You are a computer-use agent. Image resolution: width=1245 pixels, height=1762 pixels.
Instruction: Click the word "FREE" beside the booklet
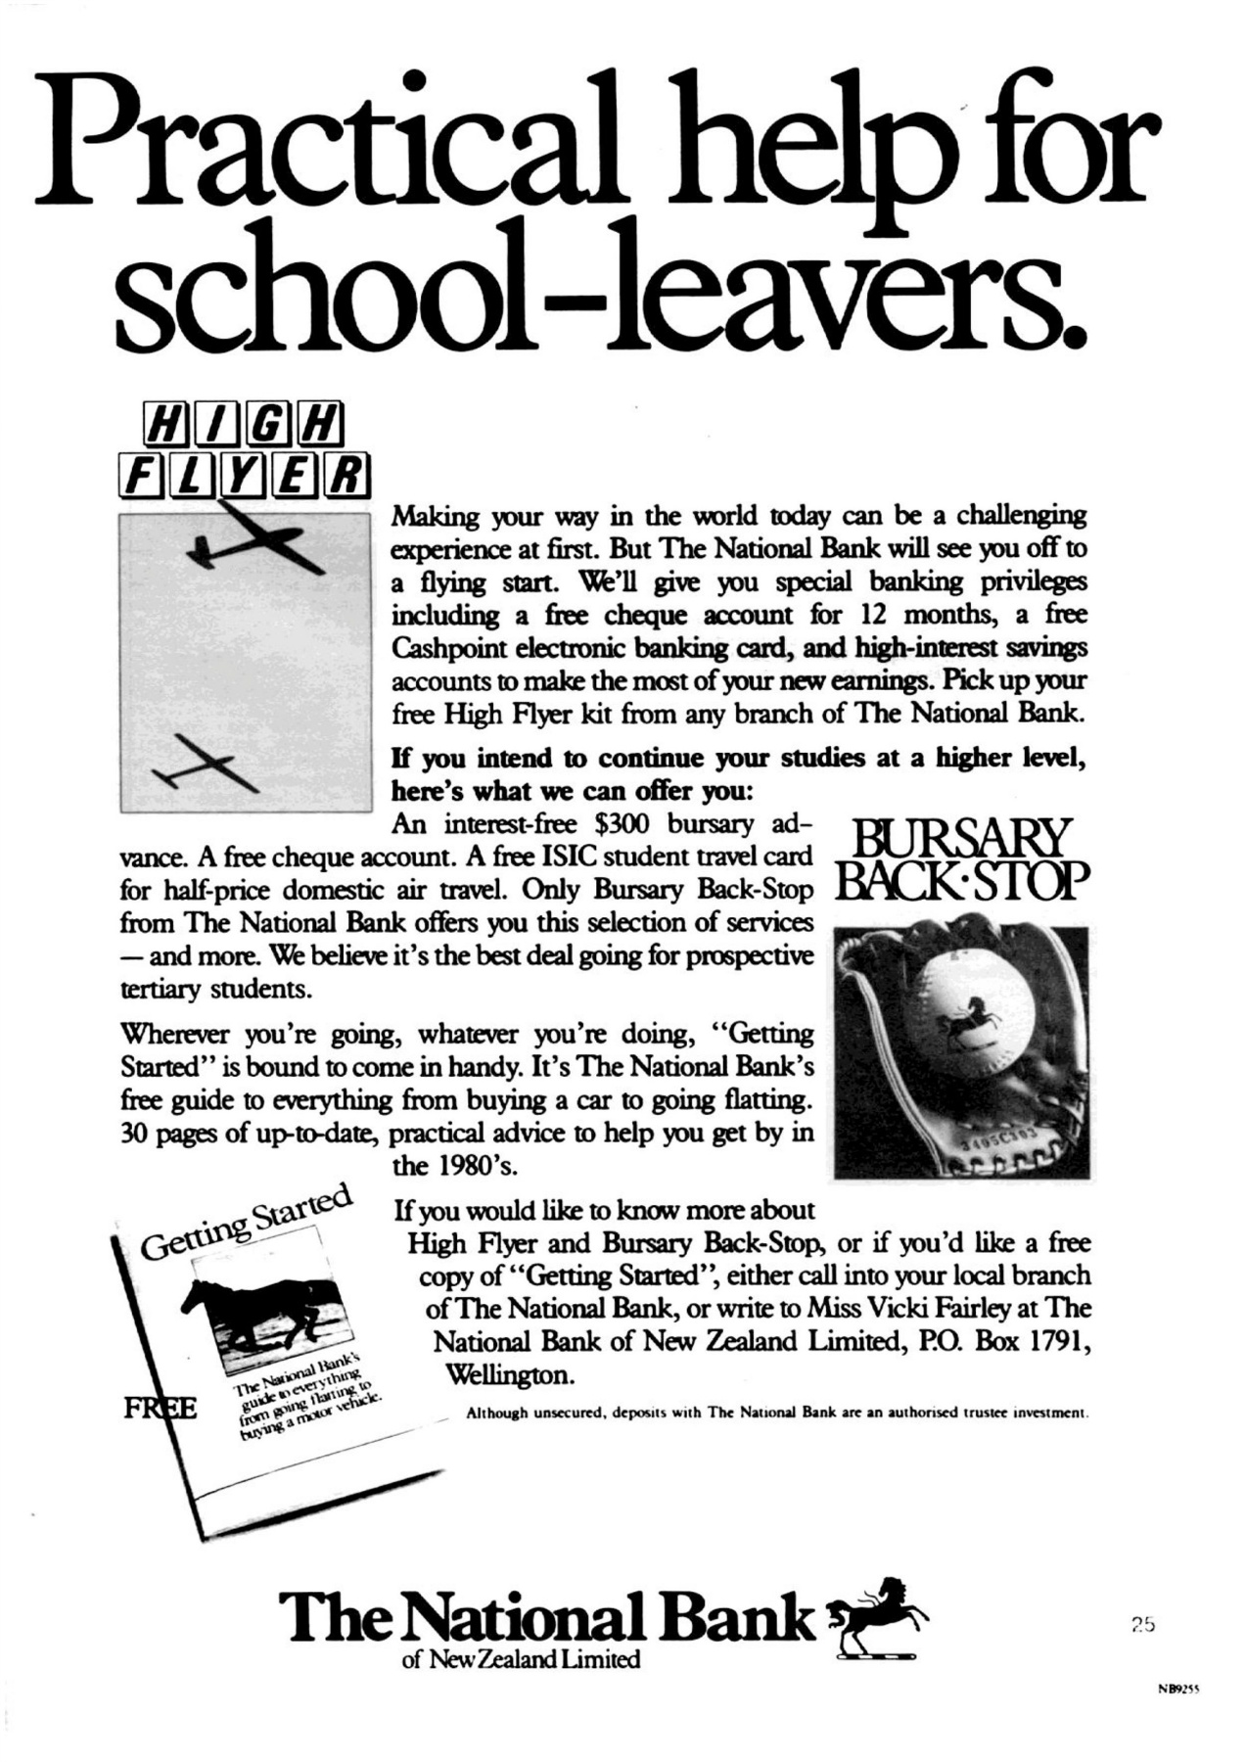tap(160, 1410)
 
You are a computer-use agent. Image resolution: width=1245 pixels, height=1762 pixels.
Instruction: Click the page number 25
tap(1143, 1624)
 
